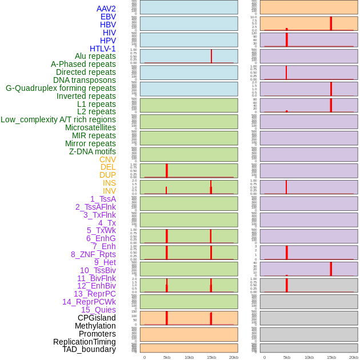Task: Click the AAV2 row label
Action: tap(106, 9)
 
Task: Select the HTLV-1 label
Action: tap(102, 49)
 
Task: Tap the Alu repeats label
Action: tap(95, 57)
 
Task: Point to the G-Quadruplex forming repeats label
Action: tap(61, 88)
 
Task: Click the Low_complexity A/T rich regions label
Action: tap(58, 119)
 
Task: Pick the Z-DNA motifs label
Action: tap(93, 151)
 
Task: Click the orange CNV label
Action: tap(107, 159)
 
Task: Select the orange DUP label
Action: tap(107, 175)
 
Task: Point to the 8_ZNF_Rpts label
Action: tap(93, 254)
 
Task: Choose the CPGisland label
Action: tap(97, 318)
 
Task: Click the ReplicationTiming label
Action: tap(85, 342)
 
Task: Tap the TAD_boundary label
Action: tap(89, 349)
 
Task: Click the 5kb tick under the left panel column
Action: tap(167, 357)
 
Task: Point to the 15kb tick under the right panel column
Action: tap(331, 357)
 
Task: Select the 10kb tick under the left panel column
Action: tap(189, 357)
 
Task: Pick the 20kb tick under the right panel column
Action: tap(354, 357)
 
